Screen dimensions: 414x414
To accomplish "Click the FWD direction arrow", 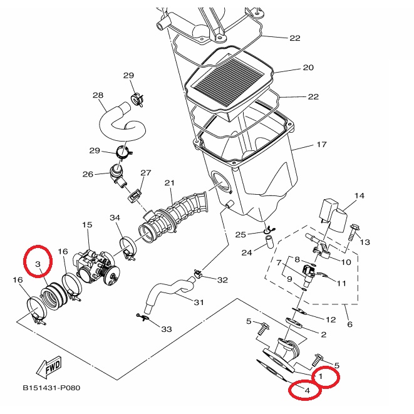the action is click(49, 368).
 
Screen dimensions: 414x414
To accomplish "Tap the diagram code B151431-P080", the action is click(51, 388).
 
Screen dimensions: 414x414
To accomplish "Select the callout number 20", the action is click(308, 68).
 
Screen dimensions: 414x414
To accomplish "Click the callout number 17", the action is click(321, 145).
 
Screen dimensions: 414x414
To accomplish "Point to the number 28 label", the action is click(98, 95).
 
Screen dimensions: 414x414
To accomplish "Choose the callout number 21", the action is click(170, 183).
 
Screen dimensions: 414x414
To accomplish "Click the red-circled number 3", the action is click(38, 264).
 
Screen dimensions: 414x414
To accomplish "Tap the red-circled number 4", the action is click(307, 390).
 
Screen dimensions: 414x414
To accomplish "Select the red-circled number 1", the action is click(321, 376).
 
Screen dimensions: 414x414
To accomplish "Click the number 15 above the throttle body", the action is click(87, 225).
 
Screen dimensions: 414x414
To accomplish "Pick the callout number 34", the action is click(115, 217).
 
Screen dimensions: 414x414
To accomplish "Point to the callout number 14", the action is click(360, 195).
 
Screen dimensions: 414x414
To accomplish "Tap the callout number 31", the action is click(199, 303).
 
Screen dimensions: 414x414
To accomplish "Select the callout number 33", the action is click(167, 329).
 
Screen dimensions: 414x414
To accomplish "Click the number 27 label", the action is click(146, 173).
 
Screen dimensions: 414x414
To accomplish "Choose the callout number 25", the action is click(241, 234).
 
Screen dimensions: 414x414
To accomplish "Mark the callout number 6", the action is click(350, 324).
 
